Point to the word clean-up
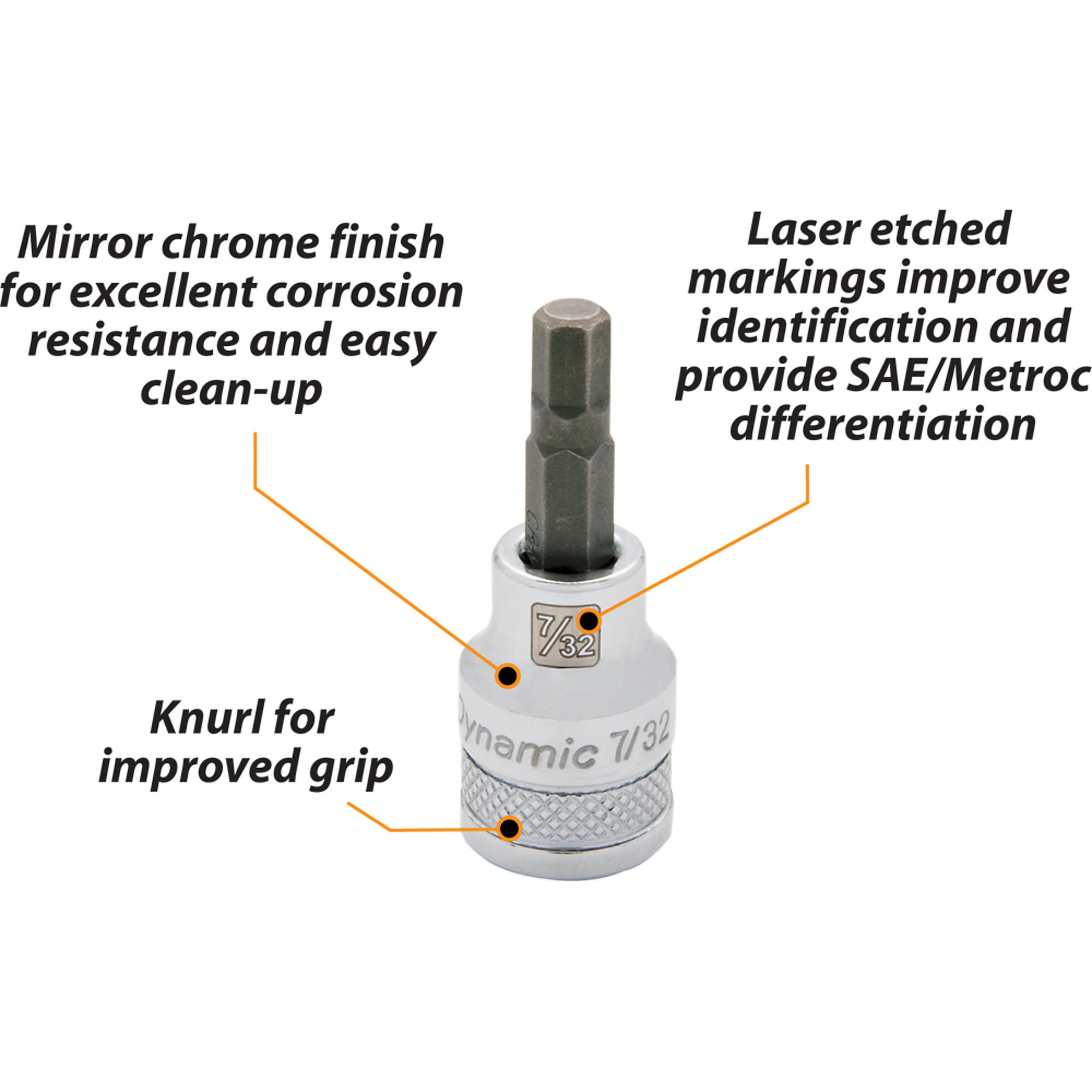point(231,389)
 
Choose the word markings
point(785,280)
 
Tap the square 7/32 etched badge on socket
point(565,632)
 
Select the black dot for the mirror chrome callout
point(508,675)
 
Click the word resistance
point(132,341)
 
